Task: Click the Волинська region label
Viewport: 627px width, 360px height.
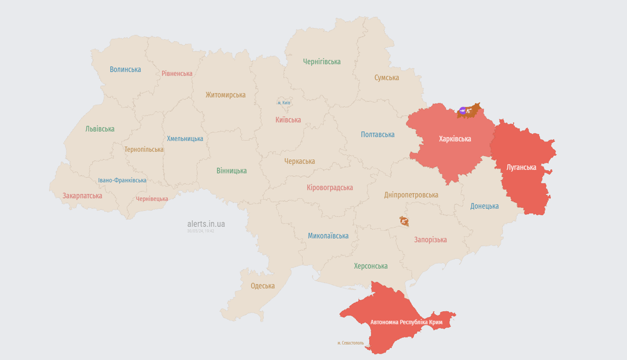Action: click(x=125, y=69)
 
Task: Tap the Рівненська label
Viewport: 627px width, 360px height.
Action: click(x=177, y=74)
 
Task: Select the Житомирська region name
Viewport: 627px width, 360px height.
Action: click(x=225, y=95)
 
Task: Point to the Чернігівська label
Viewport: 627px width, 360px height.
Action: click(x=321, y=61)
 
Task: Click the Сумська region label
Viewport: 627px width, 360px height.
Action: click(x=387, y=77)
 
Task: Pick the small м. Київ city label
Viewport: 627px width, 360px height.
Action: click(x=284, y=103)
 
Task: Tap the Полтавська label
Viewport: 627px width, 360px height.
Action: click(x=378, y=135)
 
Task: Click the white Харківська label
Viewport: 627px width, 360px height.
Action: click(x=455, y=139)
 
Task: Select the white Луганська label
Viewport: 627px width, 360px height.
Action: click(x=521, y=167)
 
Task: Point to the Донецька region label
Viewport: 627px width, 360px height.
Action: click(x=485, y=206)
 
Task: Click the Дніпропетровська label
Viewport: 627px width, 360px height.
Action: click(x=411, y=195)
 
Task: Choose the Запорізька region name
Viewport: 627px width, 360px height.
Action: click(x=430, y=240)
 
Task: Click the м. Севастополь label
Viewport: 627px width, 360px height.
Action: click(x=351, y=343)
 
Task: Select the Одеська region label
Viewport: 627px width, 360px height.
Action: click(x=262, y=285)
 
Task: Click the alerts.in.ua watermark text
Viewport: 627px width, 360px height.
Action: click(x=206, y=224)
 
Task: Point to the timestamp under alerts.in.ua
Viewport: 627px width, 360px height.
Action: click(x=201, y=231)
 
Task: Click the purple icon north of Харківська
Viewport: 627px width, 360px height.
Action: click(x=463, y=111)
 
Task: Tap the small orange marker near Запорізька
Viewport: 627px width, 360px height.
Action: click(x=404, y=221)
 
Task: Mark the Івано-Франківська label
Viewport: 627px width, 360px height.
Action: click(x=122, y=180)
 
